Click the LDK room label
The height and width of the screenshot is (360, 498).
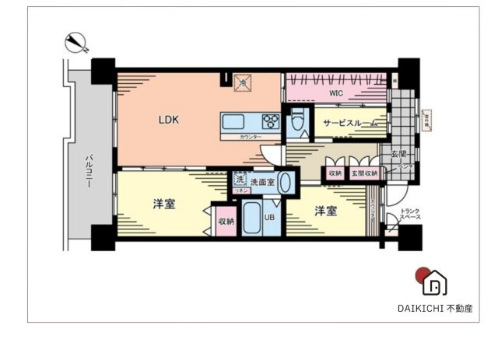[x=169, y=121]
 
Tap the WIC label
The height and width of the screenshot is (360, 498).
[x=335, y=93]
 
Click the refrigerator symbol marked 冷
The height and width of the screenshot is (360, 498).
[x=243, y=81]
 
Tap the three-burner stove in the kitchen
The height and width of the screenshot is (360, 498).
[x=270, y=121]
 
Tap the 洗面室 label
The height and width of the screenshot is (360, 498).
[x=261, y=181]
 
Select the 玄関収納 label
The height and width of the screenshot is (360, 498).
[x=363, y=173]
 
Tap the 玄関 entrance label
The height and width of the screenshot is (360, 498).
[x=397, y=155]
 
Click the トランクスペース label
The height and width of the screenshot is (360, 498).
[x=410, y=215]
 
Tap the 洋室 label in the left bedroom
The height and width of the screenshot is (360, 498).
[x=163, y=204]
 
